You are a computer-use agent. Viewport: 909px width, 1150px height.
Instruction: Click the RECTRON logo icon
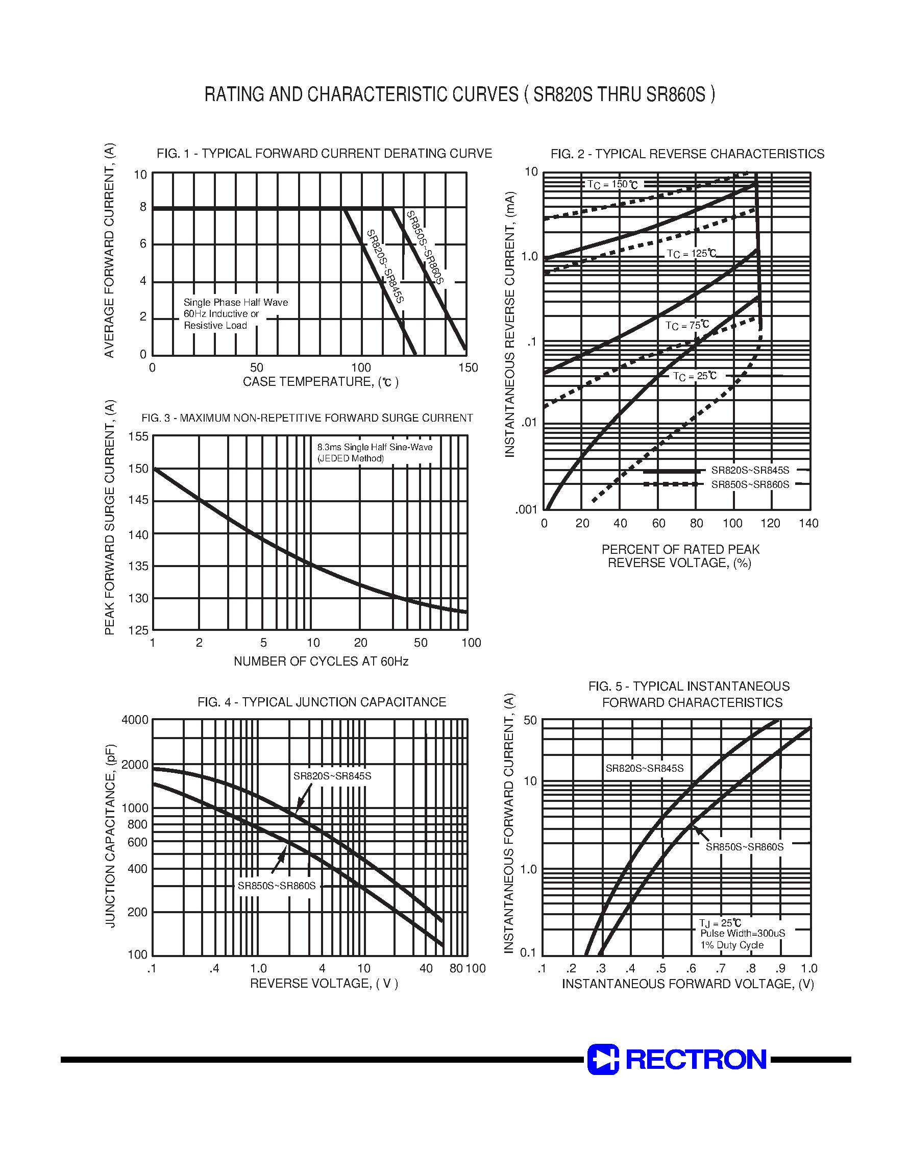click(x=603, y=1059)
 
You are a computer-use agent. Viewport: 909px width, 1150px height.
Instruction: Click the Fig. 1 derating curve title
click(x=324, y=154)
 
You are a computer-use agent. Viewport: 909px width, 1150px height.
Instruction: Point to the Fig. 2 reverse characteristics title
click(x=687, y=154)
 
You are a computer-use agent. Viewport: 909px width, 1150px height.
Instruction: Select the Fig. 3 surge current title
click(x=307, y=418)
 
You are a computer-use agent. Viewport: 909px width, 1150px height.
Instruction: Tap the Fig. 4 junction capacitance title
click(x=322, y=702)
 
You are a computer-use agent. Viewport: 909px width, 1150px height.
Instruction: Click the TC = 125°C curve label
click(x=692, y=254)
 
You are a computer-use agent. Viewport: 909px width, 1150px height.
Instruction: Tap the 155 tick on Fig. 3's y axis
click(x=138, y=437)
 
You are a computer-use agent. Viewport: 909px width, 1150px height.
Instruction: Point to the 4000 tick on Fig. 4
click(x=135, y=720)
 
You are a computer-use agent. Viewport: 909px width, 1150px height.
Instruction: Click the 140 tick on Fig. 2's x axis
click(x=808, y=524)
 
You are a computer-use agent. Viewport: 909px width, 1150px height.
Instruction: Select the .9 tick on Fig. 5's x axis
click(x=780, y=968)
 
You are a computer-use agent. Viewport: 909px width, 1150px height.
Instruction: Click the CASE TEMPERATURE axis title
click(x=321, y=382)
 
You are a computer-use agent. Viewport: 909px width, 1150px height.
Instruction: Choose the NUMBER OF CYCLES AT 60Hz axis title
click(x=321, y=662)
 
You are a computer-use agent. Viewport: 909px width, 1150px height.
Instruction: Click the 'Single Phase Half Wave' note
click(x=235, y=303)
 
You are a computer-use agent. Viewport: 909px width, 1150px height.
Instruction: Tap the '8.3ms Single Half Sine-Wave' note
click(x=375, y=448)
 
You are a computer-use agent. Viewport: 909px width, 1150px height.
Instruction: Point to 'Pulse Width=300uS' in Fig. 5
click(x=743, y=934)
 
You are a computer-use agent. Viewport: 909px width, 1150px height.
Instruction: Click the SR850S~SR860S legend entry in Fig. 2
click(x=750, y=485)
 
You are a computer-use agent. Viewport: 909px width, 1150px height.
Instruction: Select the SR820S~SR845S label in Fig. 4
click(x=332, y=776)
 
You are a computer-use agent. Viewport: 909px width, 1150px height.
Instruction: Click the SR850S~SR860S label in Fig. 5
click(x=745, y=847)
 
